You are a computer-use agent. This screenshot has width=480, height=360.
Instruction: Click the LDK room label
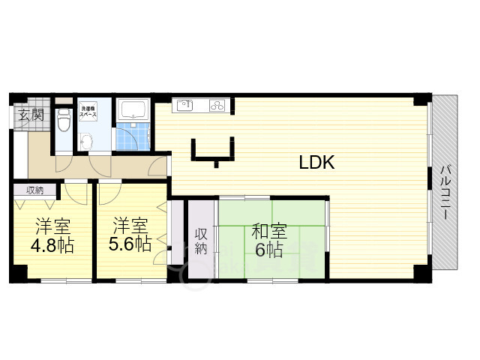click(x=316, y=163)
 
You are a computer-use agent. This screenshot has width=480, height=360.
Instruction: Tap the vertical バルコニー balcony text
click(x=445, y=191)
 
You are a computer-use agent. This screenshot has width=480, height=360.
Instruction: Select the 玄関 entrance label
click(x=31, y=115)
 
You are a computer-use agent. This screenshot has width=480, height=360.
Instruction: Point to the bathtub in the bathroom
click(x=133, y=110)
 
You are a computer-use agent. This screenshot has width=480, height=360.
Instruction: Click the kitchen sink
click(x=185, y=106)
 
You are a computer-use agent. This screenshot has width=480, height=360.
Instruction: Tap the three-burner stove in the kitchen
click(x=216, y=106)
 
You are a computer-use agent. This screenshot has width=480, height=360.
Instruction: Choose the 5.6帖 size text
click(x=130, y=244)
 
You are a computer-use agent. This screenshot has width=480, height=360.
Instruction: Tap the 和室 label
click(x=268, y=230)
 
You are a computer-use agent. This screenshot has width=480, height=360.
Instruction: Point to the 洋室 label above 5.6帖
click(x=130, y=225)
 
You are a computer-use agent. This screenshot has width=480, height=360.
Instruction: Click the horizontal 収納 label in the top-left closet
click(x=34, y=190)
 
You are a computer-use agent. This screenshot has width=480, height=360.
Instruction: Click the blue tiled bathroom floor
click(x=133, y=138)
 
